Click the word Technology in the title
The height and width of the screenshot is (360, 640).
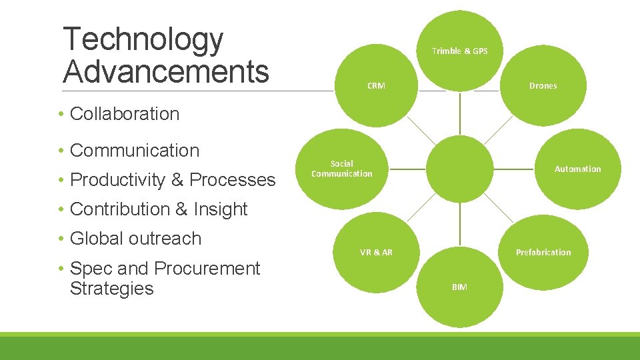click(143, 40)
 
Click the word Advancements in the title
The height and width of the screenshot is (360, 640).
click(166, 71)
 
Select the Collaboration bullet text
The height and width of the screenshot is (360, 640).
click(125, 114)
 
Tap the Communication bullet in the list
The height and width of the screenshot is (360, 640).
click(134, 151)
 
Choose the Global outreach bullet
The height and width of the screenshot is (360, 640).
click(135, 239)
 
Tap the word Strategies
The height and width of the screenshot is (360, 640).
click(111, 289)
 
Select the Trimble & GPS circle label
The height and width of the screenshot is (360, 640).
click(459, 51)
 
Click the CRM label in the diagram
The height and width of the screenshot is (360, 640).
click(376, 86)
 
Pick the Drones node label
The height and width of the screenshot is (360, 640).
click(543, 86)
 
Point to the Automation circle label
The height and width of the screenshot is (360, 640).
click(577, 169)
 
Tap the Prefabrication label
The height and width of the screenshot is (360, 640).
click(543, 253)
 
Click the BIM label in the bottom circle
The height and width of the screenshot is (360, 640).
click(459, 287)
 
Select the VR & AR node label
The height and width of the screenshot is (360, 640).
click(376, 253)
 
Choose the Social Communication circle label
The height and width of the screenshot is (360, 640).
click(342, 169)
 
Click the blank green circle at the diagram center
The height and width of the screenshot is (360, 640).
click(459, 169)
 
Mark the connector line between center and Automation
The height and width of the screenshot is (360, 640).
click(516, 169)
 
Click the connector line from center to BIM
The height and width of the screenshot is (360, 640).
click(459, 227)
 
